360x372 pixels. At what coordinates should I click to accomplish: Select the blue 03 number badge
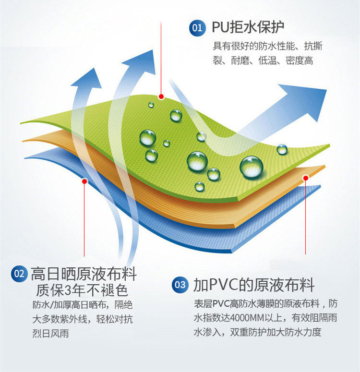pos(180,285)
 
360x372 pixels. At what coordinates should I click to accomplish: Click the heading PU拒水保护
pos(248,27)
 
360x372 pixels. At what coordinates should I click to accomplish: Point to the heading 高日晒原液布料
pos(84,274)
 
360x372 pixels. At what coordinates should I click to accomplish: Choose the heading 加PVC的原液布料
pos(254,285)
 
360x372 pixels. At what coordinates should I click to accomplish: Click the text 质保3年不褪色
pos(81,290)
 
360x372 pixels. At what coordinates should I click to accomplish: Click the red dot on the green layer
pos(162,96)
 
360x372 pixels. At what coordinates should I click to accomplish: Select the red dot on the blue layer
pos(84,181)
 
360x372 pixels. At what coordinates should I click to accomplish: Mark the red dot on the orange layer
pos(305,178)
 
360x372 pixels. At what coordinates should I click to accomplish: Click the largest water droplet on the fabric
pos(252,167)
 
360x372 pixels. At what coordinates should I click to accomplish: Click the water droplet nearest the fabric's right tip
pos(282,149)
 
